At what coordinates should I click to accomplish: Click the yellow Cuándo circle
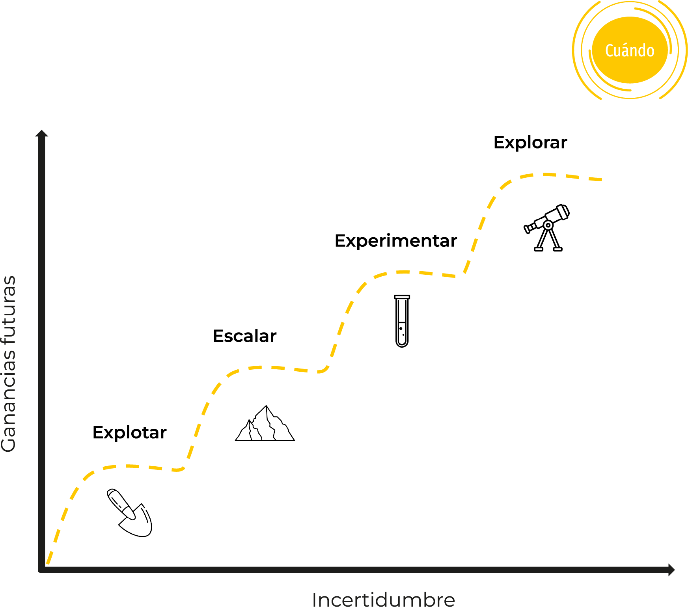630,50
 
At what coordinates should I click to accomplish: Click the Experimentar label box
395,240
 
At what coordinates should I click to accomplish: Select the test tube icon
402,321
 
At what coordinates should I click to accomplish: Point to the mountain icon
265,425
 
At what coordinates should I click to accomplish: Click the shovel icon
130,513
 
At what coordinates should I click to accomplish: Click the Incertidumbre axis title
383,600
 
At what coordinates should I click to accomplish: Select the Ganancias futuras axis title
9,363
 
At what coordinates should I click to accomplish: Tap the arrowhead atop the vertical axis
42,133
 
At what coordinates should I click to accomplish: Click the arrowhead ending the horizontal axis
671,570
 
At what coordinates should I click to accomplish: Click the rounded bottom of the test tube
402,344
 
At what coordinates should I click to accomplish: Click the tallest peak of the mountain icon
267,407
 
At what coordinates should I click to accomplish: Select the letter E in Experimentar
341,240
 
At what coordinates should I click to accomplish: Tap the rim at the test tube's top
402,297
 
